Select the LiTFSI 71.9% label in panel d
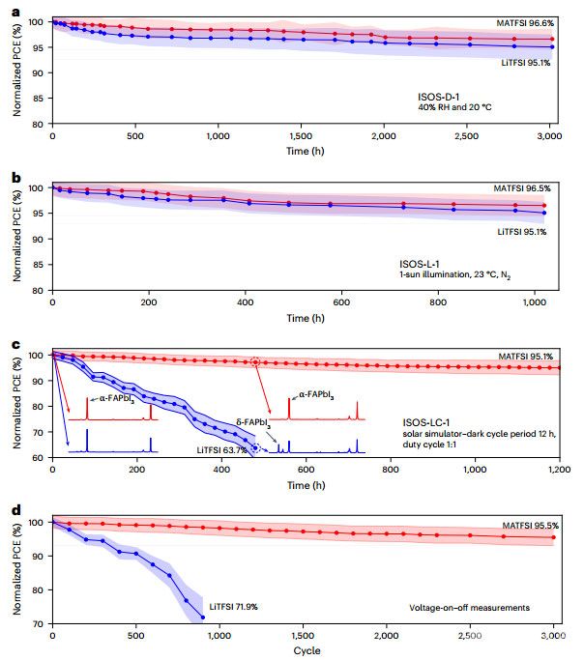tap(235, 606)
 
